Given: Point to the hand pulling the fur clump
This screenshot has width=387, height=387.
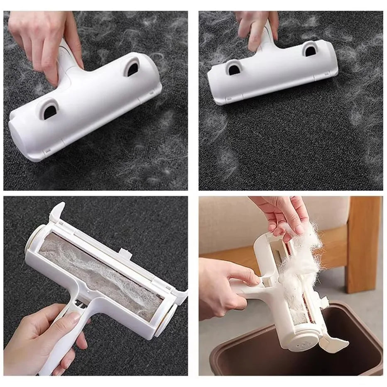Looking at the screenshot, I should [287, 212].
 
